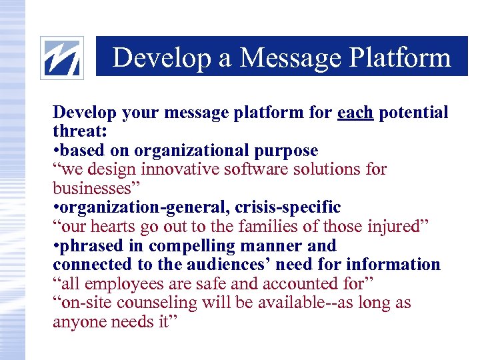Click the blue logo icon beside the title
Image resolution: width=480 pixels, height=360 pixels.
click(x=62, y=58)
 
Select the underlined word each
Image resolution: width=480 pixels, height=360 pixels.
click(x=355, y=113)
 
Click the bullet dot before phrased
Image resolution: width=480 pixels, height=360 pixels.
click(x=56, y=246)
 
